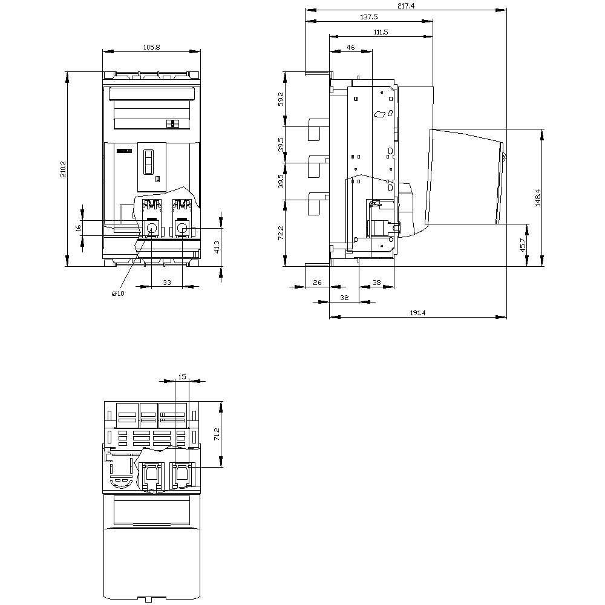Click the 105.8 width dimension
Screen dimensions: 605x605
152,47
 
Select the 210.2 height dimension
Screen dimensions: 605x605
63,169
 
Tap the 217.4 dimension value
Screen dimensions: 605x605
406,6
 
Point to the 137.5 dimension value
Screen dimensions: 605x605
369,17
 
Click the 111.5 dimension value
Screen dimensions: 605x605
381,33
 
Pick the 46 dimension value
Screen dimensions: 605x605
350,47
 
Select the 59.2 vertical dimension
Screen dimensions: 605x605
281,99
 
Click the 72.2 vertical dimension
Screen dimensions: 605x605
281,233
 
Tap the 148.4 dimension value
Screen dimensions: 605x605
538,198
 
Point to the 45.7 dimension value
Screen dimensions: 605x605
523,246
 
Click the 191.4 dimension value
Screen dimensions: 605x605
418,313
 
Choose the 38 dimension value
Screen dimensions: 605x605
376,283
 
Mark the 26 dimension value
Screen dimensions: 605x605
317,283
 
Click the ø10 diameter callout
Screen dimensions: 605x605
118,293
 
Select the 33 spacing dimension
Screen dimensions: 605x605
167,283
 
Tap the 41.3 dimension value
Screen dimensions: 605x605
217,247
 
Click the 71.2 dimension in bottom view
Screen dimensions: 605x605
217,434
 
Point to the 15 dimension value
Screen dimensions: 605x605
182,377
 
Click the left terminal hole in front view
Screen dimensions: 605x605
151,229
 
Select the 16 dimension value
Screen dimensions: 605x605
78,228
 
